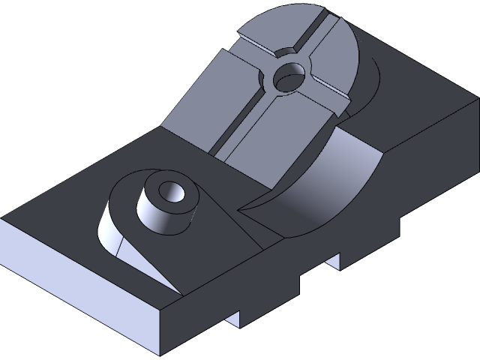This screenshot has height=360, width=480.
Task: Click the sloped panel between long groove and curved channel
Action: coord(270,142)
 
